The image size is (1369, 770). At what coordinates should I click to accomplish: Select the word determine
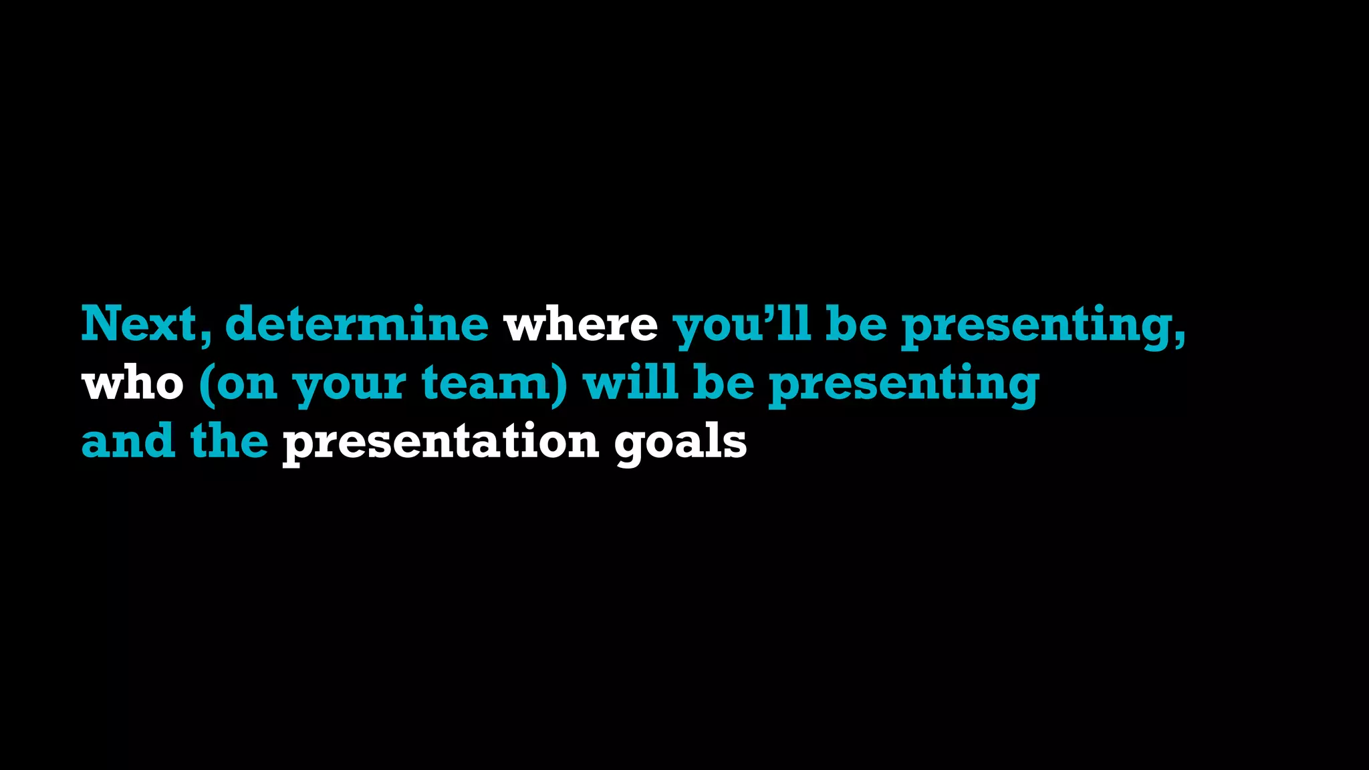click(x=357, y=324)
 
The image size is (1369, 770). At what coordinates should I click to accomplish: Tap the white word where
click(x=580, y=324)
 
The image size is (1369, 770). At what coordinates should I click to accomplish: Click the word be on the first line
click(x=856, y=324)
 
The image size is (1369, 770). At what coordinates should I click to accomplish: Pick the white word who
click(x=132, y=384)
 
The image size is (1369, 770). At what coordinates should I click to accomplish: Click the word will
click(x=630, y=383)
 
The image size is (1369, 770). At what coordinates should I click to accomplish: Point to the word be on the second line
click(x=724, y=383)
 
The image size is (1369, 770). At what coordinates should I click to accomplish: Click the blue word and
click(x=128, y=442)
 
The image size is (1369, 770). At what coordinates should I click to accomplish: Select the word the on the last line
click(x=229, y=442)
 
